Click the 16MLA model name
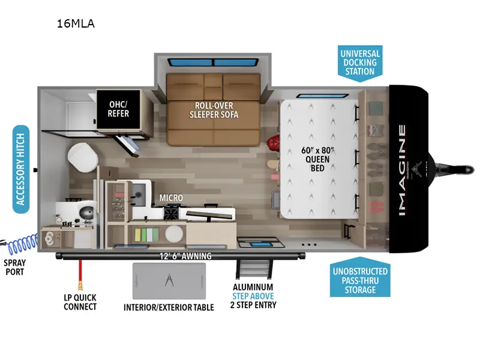point(75,25)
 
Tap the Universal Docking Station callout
point(359,62)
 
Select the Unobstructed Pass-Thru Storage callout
point(360,280)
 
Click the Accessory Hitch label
point(22,169)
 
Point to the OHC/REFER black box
point(118,109)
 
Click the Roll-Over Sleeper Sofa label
point(214,110)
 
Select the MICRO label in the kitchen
point(171,197)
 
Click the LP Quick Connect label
point(79,302)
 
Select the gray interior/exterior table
point(169,281)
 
